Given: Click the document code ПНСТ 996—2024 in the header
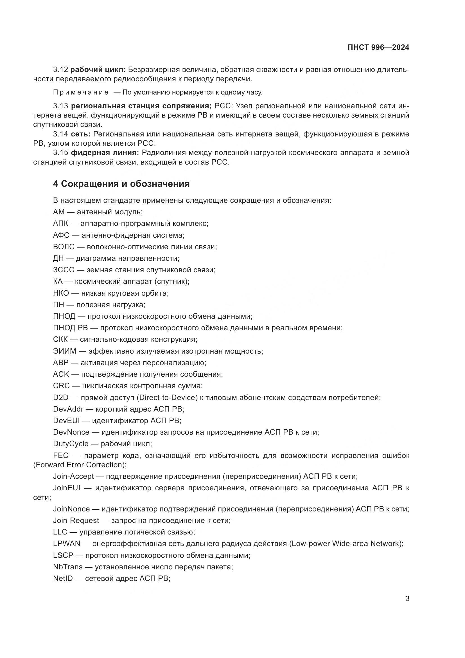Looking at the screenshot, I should coord(378,48).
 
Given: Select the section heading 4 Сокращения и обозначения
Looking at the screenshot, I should coord(121,184).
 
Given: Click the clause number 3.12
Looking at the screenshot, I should coord(60,70).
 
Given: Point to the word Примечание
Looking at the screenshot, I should coord(81,92).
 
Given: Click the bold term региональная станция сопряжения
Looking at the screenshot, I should coord(141,106).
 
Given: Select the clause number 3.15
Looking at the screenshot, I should coord(60,152).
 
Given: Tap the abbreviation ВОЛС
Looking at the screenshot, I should coord(64,247).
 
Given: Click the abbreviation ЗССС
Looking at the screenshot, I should coord(64,270).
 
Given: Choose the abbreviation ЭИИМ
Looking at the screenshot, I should coord(64,351).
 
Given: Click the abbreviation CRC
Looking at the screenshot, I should coord(61,386).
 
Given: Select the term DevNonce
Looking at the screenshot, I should coord(71,432).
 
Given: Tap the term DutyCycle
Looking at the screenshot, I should coord(71,444).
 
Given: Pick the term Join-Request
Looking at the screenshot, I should coord(76,520).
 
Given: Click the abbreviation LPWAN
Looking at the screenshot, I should coord(67,544).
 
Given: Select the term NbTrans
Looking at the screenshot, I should coord(67,567).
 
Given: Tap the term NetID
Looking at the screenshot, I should coord(63,578).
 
